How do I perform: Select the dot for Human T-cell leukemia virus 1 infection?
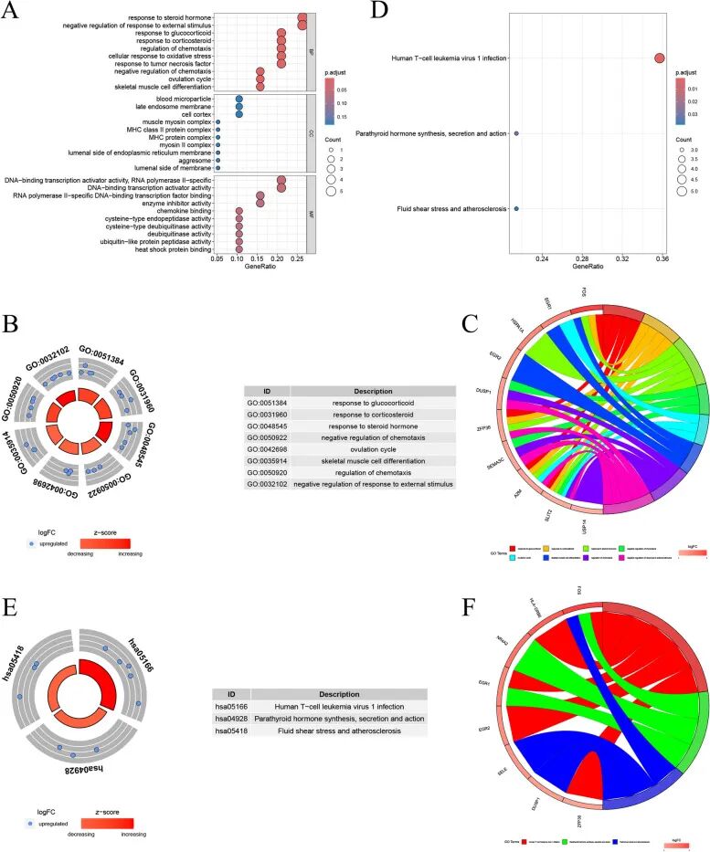pos(659,58)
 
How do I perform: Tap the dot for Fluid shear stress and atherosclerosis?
pos(516,209)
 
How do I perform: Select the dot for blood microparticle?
pos(238,98)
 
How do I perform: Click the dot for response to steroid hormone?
pos(302,17)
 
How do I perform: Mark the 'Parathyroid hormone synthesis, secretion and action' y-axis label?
pos(437,134)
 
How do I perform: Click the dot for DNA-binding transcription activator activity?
pos(281,188)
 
